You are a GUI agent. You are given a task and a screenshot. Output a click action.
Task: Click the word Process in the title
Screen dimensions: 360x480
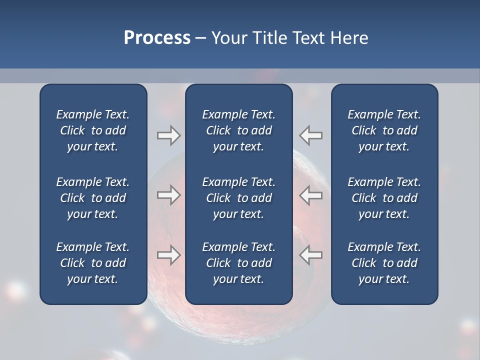click(x=157, y=38)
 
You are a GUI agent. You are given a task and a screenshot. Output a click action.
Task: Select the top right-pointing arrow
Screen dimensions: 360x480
click(x=168, y=135)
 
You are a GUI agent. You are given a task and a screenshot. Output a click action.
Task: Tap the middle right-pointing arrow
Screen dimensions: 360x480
click(x=168, y=195)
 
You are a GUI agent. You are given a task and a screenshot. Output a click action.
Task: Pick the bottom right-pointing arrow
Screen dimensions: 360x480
click(x=168, y=255)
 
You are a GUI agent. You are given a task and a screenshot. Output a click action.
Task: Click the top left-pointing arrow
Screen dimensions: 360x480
click(x=311, y=135)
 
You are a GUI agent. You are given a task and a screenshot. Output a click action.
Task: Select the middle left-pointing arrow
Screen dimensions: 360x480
click(x=311, y=195)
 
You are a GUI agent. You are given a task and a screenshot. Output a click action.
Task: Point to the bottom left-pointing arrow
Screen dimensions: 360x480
click(x=311, y=255)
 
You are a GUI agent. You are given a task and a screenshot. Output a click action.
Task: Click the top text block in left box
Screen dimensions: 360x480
click(x=93, y=130)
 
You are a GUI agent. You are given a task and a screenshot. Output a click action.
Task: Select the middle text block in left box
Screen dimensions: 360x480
click(x=93, y=198)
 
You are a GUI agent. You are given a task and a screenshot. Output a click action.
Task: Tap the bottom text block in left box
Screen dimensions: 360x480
click(x=93, y=263)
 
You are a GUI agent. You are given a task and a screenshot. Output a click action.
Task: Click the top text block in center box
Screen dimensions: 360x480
click(x=238, y=130)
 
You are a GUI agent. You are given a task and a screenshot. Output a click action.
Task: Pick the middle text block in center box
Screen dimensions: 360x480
click(x=238, y=198)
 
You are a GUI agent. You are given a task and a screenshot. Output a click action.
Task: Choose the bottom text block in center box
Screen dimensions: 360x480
click(x=238, y=263)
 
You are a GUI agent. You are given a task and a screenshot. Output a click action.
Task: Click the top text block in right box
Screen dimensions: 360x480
click(x=384, y=130)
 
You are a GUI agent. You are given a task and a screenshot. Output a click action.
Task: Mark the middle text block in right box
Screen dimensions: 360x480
click(x=384, y=198)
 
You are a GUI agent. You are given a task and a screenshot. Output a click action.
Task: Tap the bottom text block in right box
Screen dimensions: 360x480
click(x=384, y=263)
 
